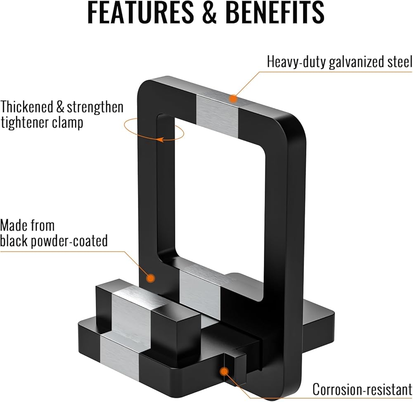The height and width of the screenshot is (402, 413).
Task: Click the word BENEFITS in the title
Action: click(275, 12)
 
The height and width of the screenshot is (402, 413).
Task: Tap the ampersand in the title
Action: click(209, 12)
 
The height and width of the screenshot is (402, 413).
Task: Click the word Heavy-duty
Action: click(297, 62)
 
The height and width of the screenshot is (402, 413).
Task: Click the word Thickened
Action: click(27, 107)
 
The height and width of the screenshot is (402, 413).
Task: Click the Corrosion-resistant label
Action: click(363, 389)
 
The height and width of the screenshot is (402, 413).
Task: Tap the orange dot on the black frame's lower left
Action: click(151, 278)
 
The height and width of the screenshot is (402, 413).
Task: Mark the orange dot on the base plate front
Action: click(224, 371)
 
